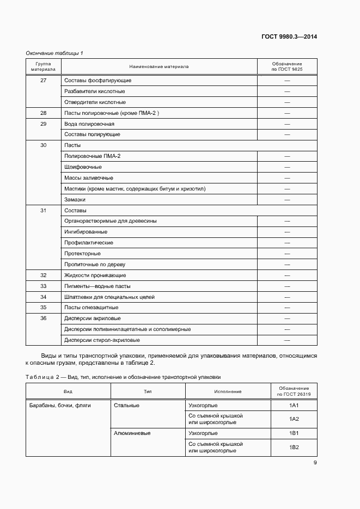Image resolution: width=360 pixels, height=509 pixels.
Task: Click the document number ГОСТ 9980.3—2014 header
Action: (289, 37)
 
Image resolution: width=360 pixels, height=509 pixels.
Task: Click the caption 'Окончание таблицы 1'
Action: (54, 53)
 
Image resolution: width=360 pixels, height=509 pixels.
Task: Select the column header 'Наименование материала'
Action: (158, 66)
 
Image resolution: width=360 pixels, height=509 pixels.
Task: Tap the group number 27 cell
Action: (44, 81)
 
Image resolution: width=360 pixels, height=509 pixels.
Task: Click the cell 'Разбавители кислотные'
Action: (95, 91)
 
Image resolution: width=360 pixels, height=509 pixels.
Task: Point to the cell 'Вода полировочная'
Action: (89, 124)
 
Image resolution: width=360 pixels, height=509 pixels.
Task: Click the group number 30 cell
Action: (44, 145)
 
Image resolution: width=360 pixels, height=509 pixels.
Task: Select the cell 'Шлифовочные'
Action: (83, 167)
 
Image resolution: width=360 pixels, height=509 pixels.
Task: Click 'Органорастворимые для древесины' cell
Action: (111, 221)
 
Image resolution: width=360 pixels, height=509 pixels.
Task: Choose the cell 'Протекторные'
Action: (82, 254)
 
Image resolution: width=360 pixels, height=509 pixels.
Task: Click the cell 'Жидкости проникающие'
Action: (95, 275)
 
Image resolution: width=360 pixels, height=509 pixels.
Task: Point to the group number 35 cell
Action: (44, 308)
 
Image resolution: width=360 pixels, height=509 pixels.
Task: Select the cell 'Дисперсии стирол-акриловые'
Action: (102, 340)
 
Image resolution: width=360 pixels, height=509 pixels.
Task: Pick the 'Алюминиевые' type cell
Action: (132, 433)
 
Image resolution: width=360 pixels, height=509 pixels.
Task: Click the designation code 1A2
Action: (294, 419)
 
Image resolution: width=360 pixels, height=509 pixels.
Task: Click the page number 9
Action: (315, 463)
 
